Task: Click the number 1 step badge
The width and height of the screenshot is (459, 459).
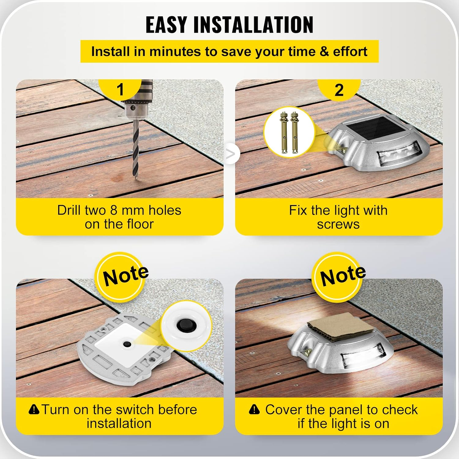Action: pyautogui.click(x=120, y=89)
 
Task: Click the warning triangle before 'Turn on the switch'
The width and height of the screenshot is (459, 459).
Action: pyautogui.click(x=34, y=409)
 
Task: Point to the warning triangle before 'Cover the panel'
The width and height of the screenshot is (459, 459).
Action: pyautogui.click(x=254, y=409)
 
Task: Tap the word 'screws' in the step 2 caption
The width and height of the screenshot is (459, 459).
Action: pyautogui.click(x=338, y=224)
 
